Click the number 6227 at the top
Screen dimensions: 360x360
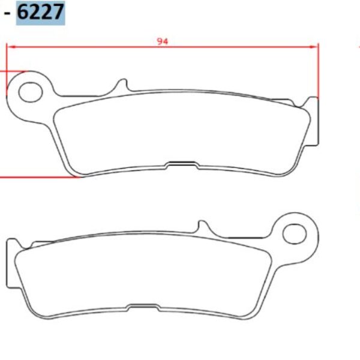(x=40, y=11)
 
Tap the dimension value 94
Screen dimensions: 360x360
(x=162, y=41)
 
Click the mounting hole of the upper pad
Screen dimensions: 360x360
(x=29, y=92)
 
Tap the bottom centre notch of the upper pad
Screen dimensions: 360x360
(x=182, y=163)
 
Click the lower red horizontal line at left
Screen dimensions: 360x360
(x=36, y=177)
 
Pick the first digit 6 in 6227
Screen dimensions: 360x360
(x=23, y=11)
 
